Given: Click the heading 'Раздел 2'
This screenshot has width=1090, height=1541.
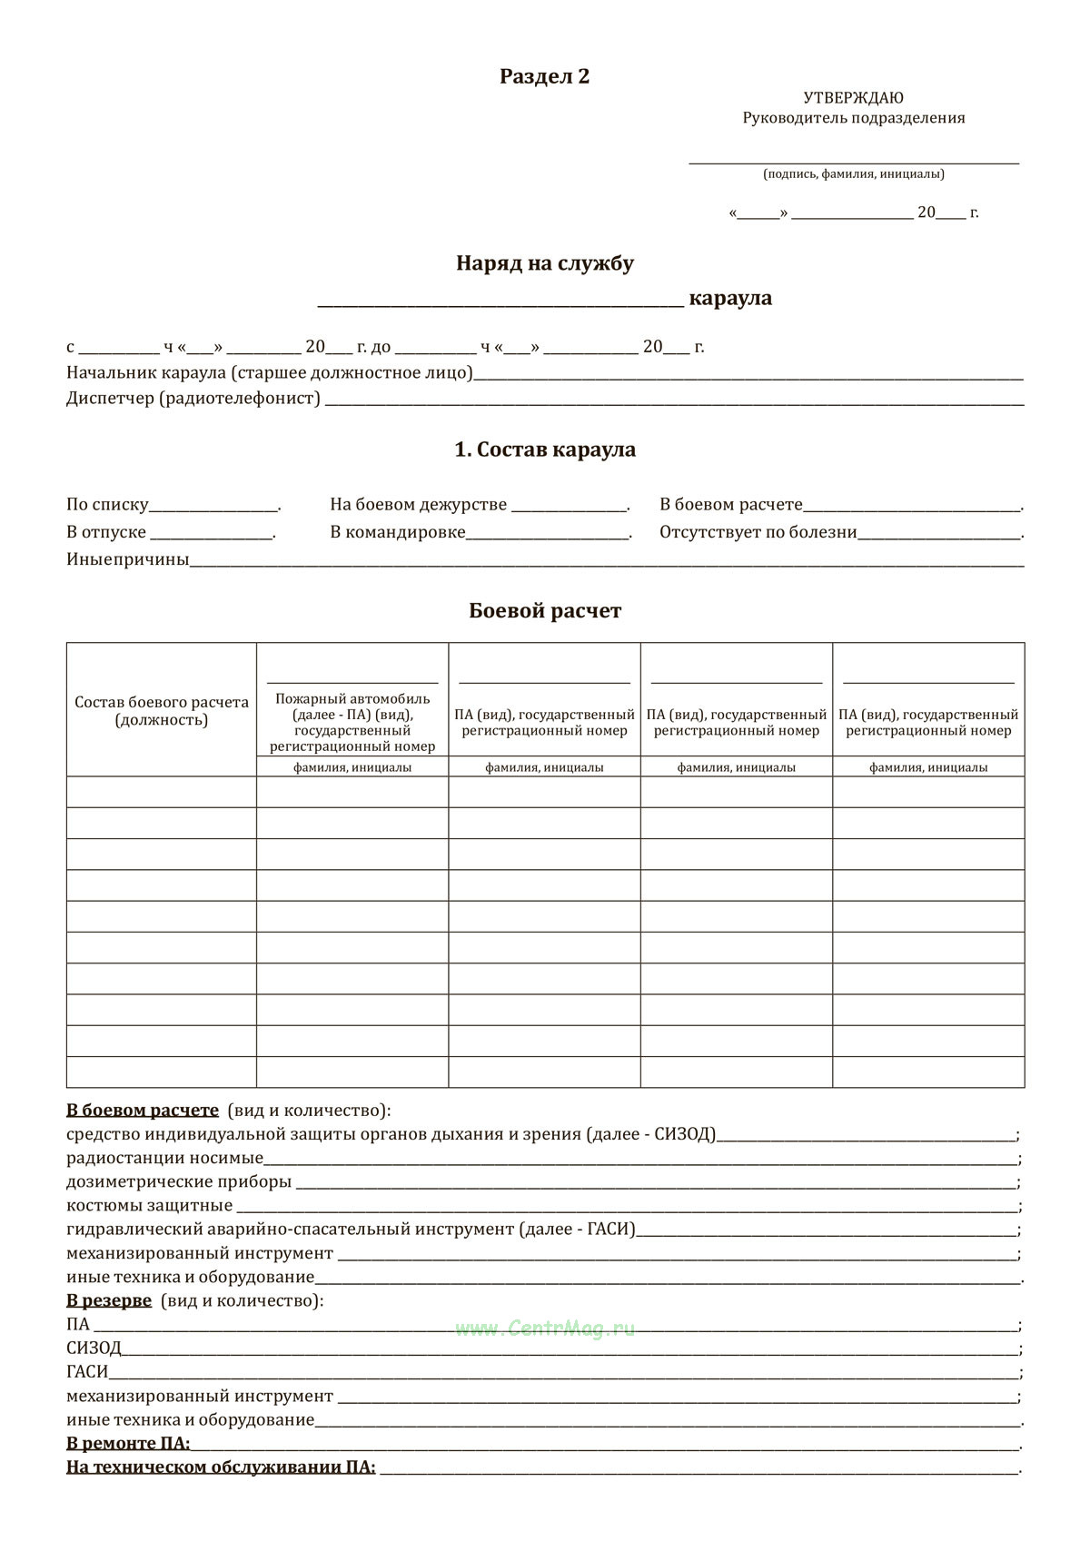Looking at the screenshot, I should pos(544,76).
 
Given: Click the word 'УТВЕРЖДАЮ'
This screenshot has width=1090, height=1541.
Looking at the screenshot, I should pos(853,98).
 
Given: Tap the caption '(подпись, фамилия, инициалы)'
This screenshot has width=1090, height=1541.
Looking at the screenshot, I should pos(853,174).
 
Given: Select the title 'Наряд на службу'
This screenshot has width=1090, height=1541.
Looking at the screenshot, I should pos(544,263).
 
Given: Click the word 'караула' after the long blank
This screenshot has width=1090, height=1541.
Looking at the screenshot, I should pos(730,298).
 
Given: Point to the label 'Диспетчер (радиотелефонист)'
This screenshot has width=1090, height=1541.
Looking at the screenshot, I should pos(193,399).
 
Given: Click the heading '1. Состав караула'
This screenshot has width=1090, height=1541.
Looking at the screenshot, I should pos(544,449).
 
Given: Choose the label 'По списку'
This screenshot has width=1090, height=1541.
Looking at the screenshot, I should pos(107,505).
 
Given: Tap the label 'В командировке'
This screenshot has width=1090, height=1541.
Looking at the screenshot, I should pos(398,532).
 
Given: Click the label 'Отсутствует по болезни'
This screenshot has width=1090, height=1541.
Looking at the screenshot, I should pos(758,532).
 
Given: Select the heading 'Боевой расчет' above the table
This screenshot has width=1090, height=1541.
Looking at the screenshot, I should pos(544,611).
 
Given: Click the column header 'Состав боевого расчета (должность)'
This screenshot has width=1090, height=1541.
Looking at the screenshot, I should pos(162,711).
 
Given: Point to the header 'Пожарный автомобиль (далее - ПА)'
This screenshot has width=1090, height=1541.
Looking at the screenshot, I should pos(352,706).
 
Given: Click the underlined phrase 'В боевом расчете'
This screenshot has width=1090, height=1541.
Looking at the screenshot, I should pos(143,1111).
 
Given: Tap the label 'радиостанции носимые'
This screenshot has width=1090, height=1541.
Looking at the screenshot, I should pos(164,1158).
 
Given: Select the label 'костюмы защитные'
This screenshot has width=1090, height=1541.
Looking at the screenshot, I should pos(150,1206).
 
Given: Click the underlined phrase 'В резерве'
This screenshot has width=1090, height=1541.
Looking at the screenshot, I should pos(109,1300).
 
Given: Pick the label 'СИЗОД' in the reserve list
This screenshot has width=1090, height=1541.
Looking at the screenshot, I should pos(94,1348).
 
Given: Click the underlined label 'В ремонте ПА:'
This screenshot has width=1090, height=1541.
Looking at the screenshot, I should pos(128,1443).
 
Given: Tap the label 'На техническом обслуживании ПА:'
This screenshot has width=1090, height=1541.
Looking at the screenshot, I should pos(221,1467).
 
